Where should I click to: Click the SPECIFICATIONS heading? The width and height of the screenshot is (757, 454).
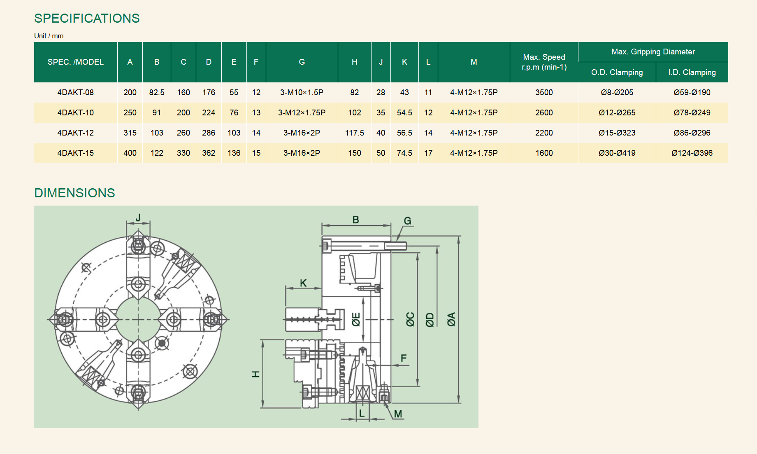[x=87, y=18]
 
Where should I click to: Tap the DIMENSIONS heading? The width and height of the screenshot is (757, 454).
[x=74, y=193]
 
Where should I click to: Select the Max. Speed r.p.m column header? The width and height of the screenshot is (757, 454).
[x=544, y=62]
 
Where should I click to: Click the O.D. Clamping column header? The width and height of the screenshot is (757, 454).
[x=617, y=72]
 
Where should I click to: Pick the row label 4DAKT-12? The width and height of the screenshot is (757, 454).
[x=76, y=133]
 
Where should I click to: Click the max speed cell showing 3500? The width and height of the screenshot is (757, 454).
[x=544, y=92]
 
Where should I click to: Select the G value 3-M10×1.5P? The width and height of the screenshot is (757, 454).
[x=302, y=92]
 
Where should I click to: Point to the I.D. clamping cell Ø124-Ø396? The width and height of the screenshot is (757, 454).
[x=692, y=153]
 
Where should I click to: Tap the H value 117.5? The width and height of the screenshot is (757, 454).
[x=354, y=133]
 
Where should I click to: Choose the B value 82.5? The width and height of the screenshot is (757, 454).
[x=157, y=92]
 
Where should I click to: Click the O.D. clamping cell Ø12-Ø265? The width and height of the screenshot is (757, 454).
[x=617, y=112]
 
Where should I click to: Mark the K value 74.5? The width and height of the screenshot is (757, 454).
[x=404, y=153]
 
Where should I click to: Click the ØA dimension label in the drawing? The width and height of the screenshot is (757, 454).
[x=451, y=319]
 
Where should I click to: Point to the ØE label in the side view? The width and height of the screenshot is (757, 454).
[x=356, y=319]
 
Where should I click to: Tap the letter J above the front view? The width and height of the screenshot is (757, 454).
[x=138, y=217]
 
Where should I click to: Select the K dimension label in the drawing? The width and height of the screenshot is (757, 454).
[x=303, y=283]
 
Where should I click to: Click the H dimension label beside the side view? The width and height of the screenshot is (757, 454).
[x=255, y=374]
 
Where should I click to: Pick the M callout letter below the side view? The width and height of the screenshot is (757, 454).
[x=398, y=414]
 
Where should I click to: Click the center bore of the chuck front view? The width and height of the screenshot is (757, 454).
[x=138, y=319]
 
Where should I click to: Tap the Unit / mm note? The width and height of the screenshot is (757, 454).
[x=49, y=36]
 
